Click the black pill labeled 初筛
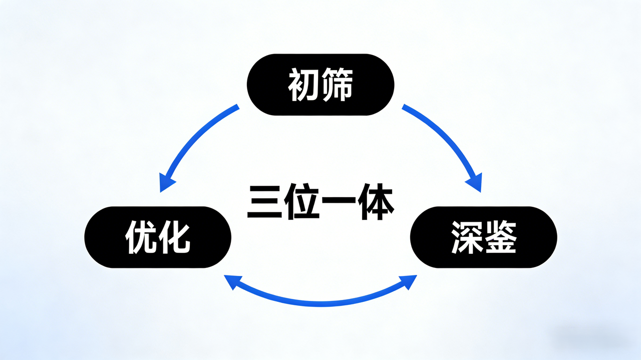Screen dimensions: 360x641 [320, 85]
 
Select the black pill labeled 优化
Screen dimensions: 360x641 [158, 237]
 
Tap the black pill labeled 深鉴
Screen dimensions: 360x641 [483, 237]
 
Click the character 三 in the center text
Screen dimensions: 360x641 [264, 203]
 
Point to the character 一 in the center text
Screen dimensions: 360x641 [339, 203]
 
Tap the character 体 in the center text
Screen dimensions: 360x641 [376, 203]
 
